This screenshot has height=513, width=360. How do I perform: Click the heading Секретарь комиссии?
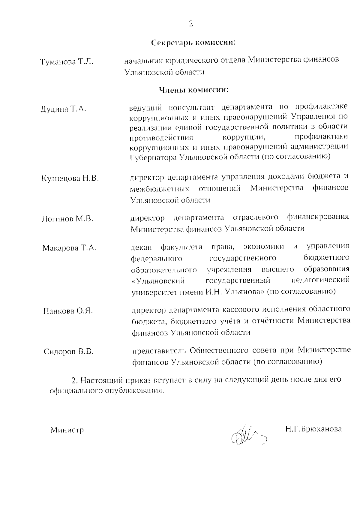(193, 43)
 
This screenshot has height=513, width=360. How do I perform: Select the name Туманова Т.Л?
(67, 62)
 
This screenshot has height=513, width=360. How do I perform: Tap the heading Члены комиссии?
(193, 89)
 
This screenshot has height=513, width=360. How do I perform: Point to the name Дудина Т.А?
(63, 109)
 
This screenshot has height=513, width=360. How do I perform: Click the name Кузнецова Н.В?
(70, 178)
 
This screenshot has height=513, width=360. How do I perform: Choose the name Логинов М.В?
(67, 219)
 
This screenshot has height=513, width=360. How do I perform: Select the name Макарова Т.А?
(69, 248)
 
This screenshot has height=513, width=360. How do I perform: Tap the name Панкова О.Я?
(68, 311)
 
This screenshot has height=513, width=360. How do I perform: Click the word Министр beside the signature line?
(67, 430)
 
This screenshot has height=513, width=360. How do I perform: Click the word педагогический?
(320, 280)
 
